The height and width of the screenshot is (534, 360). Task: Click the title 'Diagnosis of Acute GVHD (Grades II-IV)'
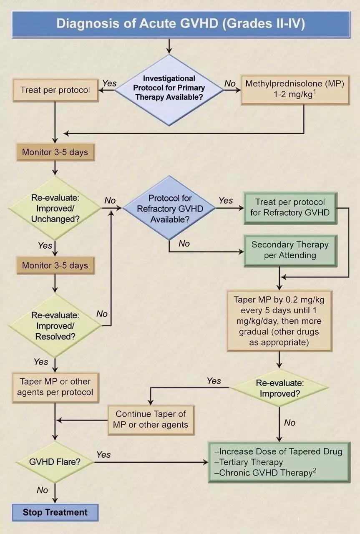(180, 23)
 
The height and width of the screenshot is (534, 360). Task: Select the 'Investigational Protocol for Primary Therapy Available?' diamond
(169, 88)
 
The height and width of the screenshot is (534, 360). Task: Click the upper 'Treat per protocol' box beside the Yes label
(55, 90)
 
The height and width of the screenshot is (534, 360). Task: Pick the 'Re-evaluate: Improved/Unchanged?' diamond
(55, 208)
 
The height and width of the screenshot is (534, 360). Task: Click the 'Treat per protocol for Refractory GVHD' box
(290, 207)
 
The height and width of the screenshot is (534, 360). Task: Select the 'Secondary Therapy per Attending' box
(290, 250)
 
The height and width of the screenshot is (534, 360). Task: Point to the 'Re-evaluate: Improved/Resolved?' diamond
(55, 325)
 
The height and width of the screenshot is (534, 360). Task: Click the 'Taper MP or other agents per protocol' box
(55, 387)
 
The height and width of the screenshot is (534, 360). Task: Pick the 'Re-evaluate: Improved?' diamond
(279, 388)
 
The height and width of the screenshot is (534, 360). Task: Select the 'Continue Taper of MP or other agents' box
(151, 420)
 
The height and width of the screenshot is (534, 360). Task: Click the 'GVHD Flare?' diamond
(55, 462)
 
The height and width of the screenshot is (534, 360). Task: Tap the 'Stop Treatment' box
(55, 512)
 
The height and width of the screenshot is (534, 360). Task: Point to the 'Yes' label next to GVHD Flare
(103, 454)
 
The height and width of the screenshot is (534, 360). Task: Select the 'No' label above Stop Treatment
(43, 490)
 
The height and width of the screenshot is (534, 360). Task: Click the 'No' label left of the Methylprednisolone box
(230, 84)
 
